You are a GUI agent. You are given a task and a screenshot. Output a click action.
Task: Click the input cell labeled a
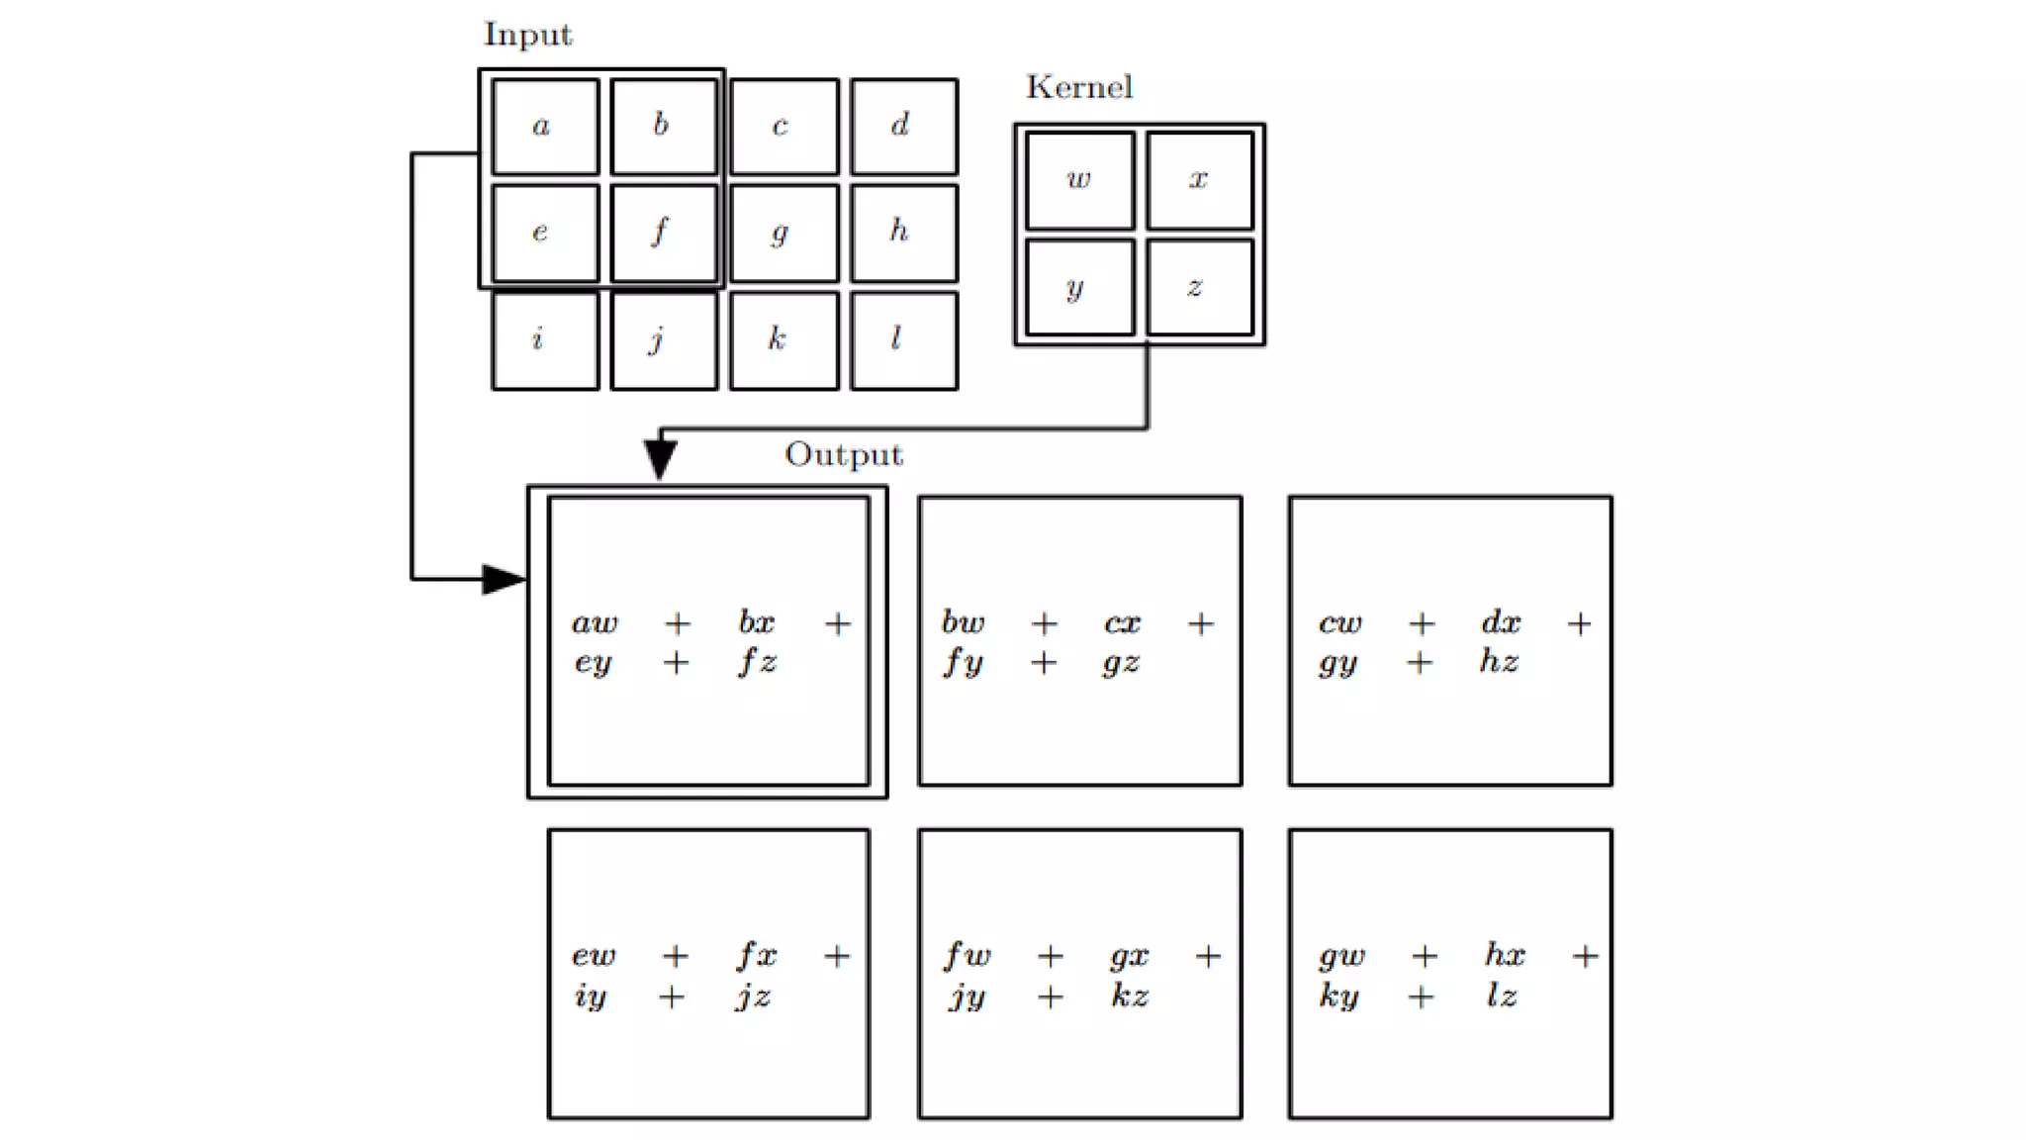545,127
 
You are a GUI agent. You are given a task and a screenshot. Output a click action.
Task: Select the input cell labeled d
903,127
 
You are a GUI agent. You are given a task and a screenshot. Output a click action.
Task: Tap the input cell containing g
783,234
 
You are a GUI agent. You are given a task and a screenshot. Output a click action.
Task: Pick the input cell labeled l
903,340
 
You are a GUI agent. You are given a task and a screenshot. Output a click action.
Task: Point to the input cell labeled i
545,340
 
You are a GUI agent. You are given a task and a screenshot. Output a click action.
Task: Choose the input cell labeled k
783,340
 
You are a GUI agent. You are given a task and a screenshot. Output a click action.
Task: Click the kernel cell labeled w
1079,180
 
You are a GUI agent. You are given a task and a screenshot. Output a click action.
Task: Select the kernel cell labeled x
1199,180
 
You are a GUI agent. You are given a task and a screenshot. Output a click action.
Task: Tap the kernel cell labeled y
1079,288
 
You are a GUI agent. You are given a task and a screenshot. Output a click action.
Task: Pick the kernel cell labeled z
1199,288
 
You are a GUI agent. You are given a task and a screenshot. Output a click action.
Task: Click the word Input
527,36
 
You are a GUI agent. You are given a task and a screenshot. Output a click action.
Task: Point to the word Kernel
1079,87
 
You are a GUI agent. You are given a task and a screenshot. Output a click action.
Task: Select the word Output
844,454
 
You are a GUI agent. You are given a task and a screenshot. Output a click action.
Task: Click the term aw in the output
594,623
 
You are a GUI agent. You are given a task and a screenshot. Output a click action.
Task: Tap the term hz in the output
1499,661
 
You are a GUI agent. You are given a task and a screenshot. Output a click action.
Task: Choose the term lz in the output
1501,996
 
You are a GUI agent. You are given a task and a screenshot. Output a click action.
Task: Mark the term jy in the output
967,996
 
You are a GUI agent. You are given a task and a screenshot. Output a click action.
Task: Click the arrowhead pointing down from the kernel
660,459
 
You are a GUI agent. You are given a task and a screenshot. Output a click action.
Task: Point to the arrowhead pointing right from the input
504,579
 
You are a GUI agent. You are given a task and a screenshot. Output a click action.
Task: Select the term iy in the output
591,996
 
